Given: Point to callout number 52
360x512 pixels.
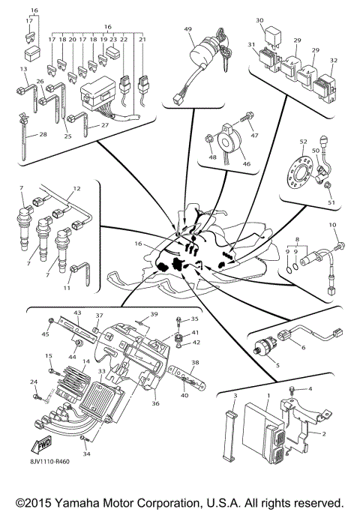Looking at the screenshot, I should tap(303, 141).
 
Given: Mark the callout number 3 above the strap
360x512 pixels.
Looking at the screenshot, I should tap(234, 394).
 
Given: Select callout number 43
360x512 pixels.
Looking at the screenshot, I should tap(76, 312).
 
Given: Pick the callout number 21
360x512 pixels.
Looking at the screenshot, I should tap(142, 38).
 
